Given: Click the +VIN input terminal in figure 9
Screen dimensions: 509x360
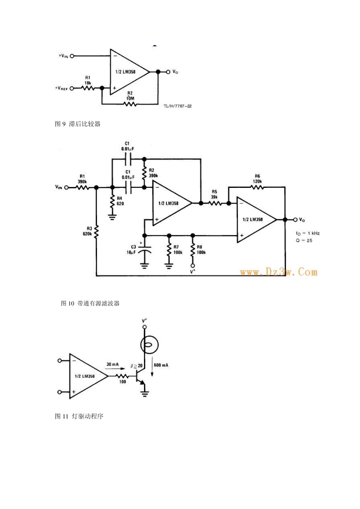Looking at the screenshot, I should tap(72, 56).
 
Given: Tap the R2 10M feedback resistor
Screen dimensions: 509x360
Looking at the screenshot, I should tap(130, 103).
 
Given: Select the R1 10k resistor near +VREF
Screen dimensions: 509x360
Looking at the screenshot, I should tap(88, 88).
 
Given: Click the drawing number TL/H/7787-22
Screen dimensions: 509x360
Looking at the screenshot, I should tap(177, 106).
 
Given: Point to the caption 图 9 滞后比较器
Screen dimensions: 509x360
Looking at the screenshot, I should tap(78, 124).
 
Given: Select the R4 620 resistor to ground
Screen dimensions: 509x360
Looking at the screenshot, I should tap(112, 201).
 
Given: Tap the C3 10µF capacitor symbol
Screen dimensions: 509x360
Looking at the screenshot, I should tap(144, 251).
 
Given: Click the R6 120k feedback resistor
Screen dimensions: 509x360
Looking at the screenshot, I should tap(257, 187).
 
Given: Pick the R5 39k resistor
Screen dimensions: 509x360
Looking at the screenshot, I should tap(214, 203).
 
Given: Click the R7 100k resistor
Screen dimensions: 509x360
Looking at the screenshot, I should tap(169, 250).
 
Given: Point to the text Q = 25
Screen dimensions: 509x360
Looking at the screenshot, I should tap(304, 240).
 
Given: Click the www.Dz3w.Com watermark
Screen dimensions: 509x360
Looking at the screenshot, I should tap(279, 272).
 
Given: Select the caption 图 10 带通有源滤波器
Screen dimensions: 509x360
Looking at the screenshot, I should tap(90, 303).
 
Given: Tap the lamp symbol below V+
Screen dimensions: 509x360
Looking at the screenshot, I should tap(149, 345).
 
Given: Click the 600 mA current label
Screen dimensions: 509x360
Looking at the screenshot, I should tap(161, 365).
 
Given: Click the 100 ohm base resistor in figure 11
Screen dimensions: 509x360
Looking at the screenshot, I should tap(122, 376).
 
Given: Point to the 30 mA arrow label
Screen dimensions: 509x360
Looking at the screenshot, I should tap(113, 364).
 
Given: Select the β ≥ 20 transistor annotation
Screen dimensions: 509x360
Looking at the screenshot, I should tap(136, 366).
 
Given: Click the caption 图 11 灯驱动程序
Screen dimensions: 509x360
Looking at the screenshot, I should tap(79, 416).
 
